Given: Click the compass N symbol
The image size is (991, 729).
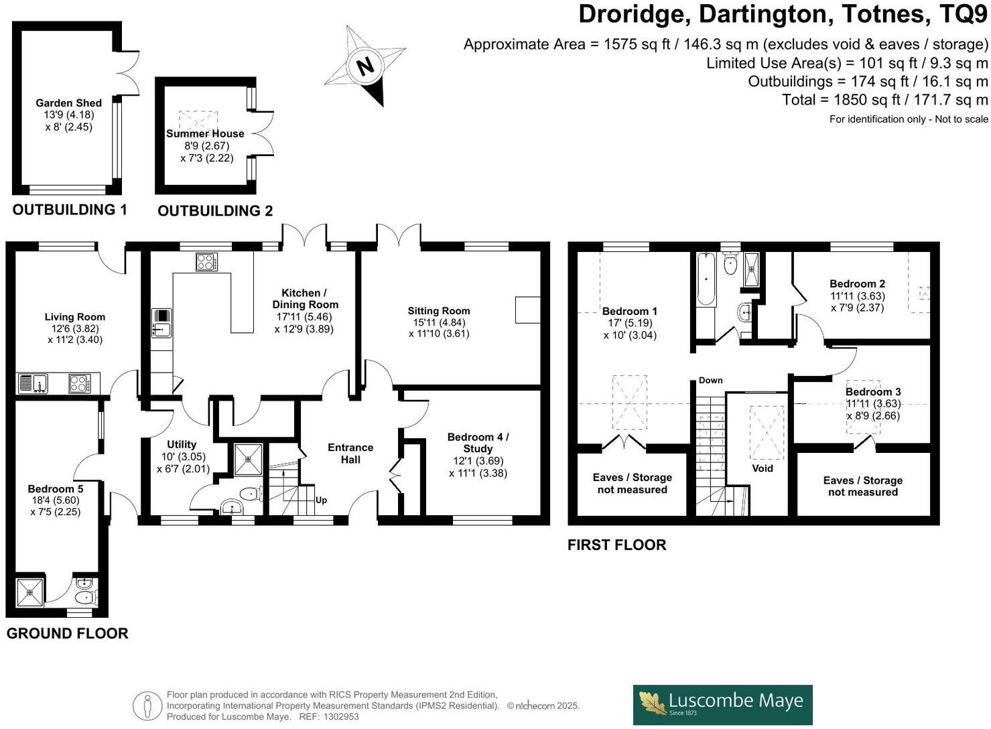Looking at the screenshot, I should [365, 66].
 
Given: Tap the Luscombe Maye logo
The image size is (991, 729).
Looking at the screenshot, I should [722, 704].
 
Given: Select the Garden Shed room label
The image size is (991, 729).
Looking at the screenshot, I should [68, 103].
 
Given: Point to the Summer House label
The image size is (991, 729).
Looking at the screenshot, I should [205, 133].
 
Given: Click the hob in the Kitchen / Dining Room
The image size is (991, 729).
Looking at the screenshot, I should [206, 261].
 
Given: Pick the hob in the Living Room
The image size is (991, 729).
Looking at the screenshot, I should [79, 383].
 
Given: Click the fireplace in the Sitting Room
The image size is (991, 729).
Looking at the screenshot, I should [527, 310].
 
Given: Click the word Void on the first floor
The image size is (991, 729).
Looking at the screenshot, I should [763, 468].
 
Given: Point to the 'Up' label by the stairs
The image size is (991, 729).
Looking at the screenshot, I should [321, 500].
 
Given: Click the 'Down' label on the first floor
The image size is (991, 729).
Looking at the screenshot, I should [710, 380].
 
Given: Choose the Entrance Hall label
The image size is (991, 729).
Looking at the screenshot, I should [350, 454].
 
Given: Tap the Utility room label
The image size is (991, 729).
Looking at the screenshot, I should [182, 444].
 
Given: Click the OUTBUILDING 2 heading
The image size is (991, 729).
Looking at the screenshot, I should [215, 210].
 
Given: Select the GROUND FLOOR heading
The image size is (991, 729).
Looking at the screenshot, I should [67, 633].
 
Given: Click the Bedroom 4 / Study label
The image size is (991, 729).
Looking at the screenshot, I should [478, 442].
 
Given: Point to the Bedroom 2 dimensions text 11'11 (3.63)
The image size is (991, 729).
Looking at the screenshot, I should [857, 295].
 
